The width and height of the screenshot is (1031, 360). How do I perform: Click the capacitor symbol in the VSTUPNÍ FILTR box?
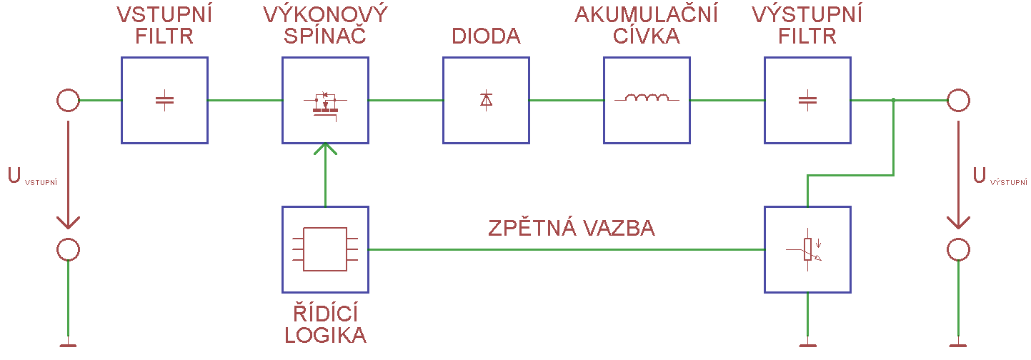coord(164,101)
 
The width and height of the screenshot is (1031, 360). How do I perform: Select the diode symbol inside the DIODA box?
coord(486,101)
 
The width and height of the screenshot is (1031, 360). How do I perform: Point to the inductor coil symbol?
coord(647,99)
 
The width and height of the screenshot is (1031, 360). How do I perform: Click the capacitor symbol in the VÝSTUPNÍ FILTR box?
coord(807,101)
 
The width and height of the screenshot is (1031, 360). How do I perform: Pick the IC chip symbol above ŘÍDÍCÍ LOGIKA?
coord(325,249)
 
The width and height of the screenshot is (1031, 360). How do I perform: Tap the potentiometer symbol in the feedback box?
coord(807,250)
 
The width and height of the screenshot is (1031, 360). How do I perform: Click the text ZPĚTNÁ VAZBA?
coord(572,229)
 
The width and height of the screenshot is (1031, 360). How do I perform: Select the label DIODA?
coord(486,36)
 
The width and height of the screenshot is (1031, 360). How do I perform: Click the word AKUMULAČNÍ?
coord(647,14)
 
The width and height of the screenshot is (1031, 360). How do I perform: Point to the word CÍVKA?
coord(647,36)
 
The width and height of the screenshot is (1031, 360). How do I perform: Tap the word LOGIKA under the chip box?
coord(325,335)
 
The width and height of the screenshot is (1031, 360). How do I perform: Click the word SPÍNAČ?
coord(325,36)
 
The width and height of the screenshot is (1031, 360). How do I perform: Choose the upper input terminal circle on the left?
coord(68,101)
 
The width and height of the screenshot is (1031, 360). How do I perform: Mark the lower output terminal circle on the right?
coord(958,250)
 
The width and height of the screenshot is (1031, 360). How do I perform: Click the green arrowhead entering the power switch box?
coord(325,149)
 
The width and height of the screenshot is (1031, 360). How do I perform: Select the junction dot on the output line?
coord(894,101)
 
